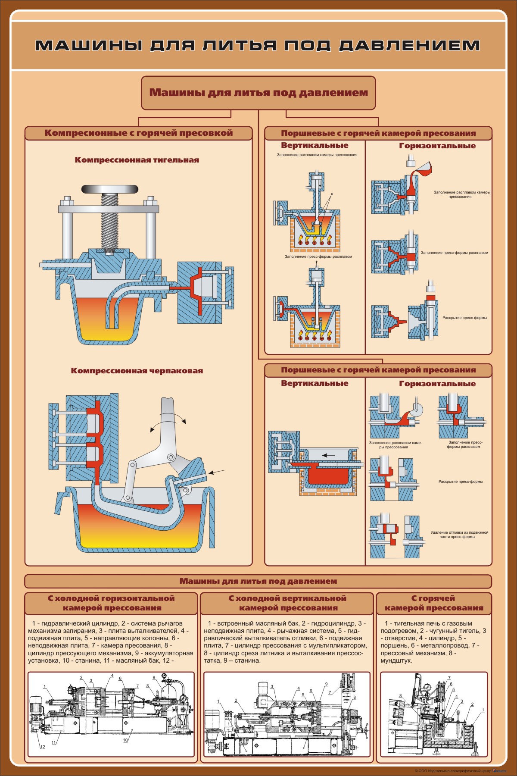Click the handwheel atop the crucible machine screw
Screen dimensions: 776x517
(110, 189)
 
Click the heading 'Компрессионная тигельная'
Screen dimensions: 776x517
(137, 160)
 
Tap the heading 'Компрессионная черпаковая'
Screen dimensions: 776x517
(137, 371)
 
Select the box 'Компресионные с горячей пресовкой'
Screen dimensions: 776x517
(138, 133)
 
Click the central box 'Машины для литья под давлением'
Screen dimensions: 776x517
(258, 93)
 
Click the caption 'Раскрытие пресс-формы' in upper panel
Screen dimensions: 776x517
(464, 318)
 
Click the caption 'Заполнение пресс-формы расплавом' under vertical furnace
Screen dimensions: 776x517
(318, 257)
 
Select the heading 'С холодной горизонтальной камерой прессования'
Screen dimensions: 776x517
(111, 603)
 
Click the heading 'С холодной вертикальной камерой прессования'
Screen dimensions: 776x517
(287, 603)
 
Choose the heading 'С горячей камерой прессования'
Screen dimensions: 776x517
(433, 603)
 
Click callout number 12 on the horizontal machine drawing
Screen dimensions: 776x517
(42, 747)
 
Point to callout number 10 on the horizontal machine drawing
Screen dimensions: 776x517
(125, 740)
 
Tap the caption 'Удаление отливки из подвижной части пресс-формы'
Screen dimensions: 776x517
(459, 535)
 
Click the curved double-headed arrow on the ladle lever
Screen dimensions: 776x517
(168, 420)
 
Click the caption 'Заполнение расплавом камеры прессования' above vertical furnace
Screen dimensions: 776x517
(317, 155)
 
